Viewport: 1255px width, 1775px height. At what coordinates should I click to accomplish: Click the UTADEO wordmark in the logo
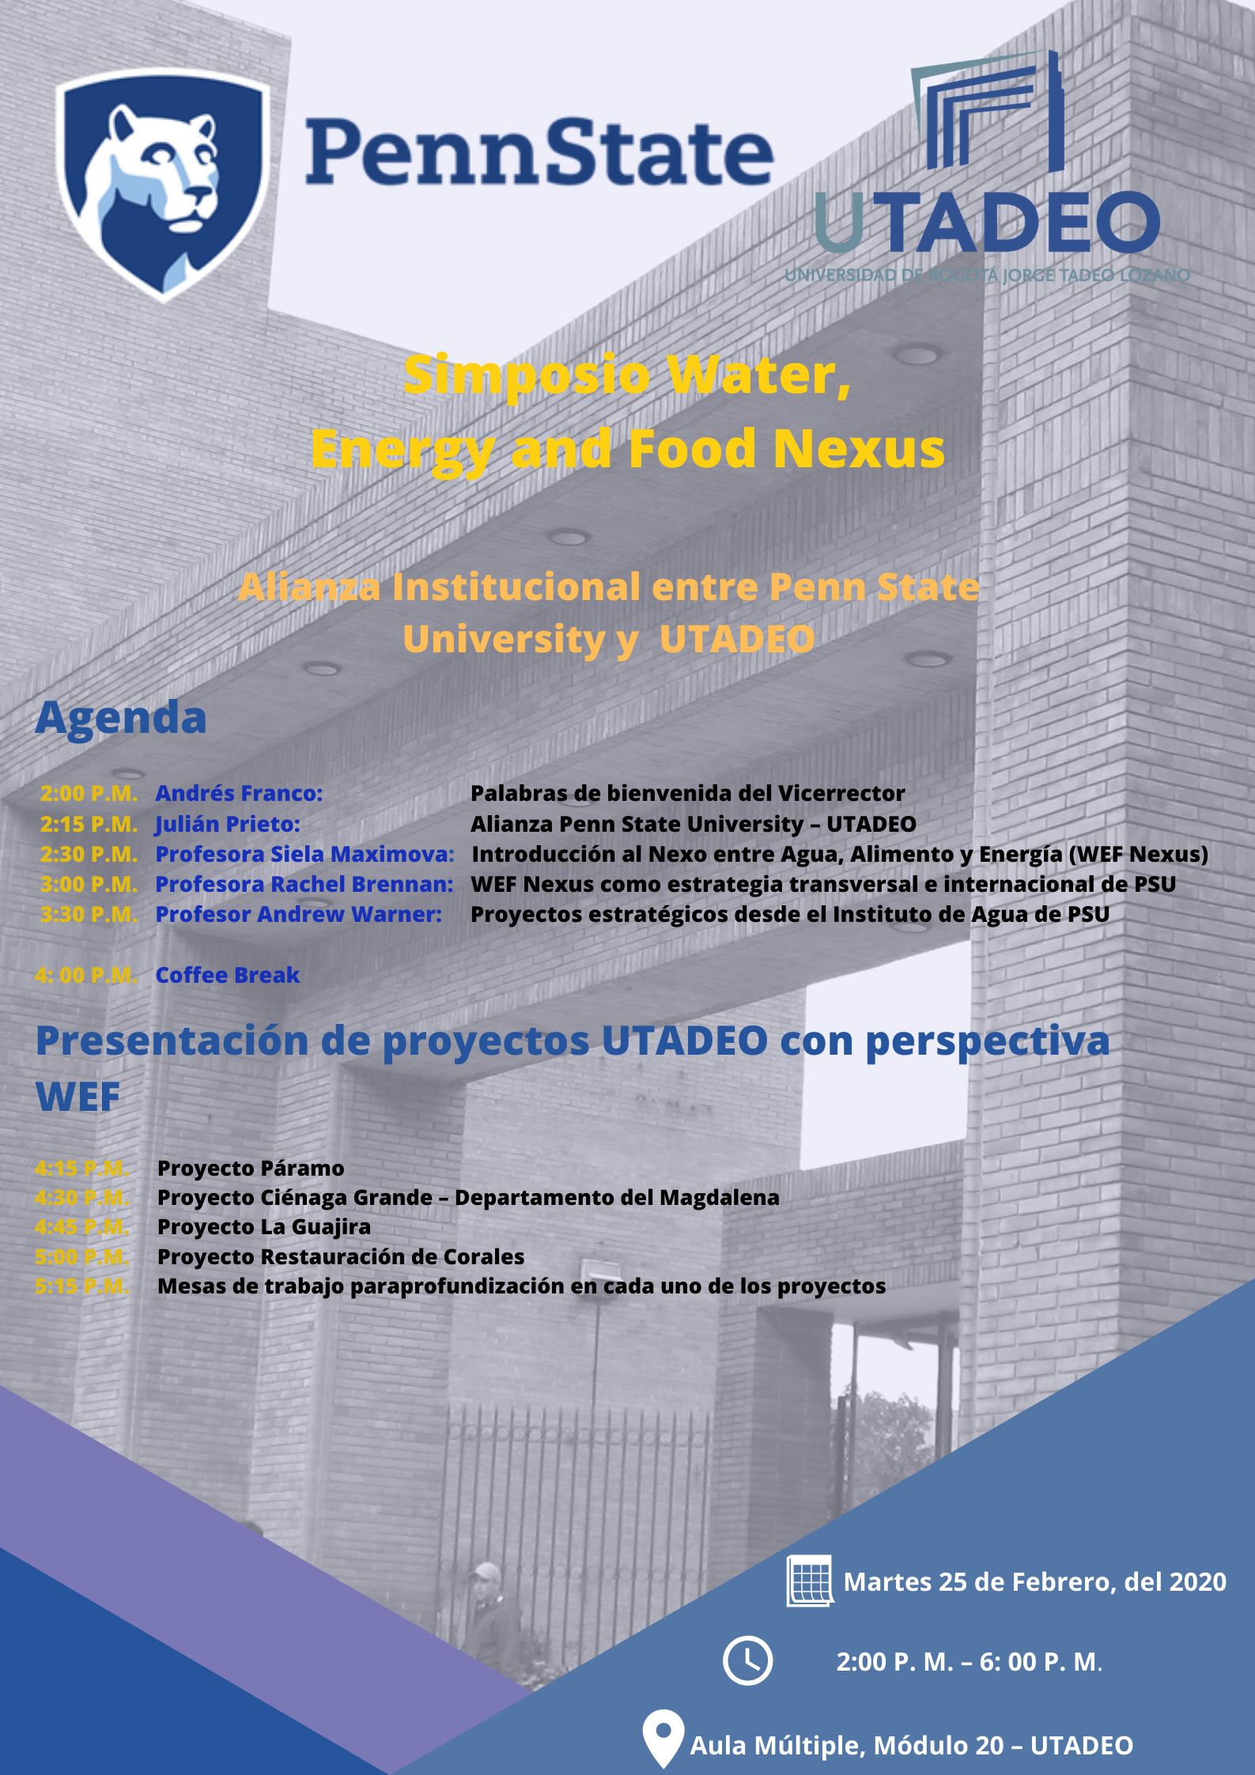987,222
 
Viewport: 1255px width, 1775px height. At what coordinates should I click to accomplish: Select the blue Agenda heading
121,719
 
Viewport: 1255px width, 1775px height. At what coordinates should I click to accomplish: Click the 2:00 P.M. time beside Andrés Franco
89,793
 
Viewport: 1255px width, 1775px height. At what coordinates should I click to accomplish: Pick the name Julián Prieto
228,824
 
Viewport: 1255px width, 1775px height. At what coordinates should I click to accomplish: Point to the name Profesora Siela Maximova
304,854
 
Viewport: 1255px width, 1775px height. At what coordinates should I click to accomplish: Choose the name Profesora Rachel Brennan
304,884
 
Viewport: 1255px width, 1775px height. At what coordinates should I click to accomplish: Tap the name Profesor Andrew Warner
298,914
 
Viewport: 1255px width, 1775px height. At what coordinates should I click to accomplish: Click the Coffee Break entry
228,975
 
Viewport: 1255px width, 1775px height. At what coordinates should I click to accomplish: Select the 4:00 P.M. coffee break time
85,975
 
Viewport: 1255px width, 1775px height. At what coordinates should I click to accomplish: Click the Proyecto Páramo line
251,1168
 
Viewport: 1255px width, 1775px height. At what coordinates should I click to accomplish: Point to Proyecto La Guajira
264,1227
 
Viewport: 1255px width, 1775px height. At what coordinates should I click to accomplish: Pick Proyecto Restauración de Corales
341,1256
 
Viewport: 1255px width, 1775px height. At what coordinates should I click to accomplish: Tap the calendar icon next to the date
810,1581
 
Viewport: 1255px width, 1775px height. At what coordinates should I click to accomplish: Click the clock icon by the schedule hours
747,1660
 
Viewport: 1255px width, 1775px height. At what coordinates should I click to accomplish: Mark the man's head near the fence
487,1574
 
